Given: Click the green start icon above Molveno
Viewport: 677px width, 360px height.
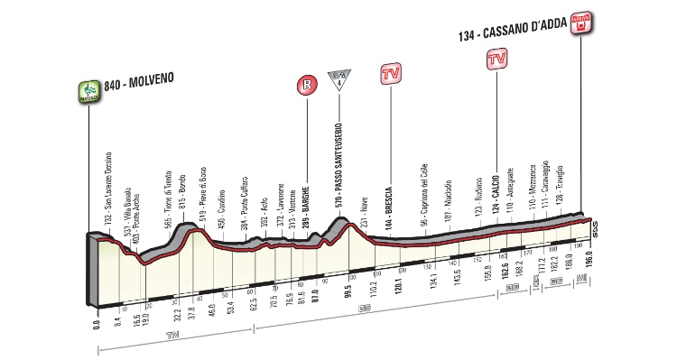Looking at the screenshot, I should coord(88,90).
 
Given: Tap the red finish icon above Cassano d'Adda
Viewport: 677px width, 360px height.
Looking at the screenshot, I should coord(582,22).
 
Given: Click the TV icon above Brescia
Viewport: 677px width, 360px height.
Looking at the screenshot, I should coord(392,73).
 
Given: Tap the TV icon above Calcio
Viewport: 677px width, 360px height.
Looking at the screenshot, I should coord(496,60).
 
